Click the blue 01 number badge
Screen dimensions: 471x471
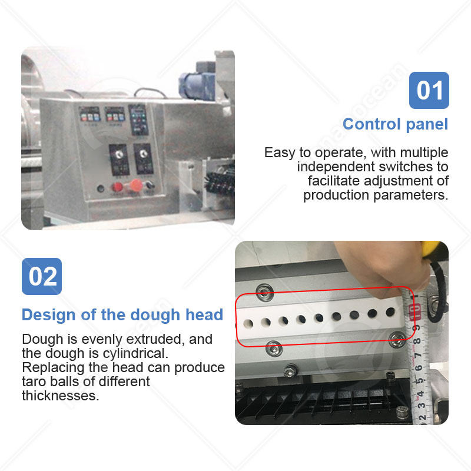coord(429,90)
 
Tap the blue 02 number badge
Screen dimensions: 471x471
coord(42,276)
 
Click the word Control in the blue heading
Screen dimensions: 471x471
coord(372,124)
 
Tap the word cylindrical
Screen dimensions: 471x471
coord(135,353)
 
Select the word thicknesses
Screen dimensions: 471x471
coord(61,396)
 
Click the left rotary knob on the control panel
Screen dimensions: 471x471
coord(120,154)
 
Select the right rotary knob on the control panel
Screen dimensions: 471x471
coord(144,154)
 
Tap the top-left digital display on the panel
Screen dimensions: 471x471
coord(89,114)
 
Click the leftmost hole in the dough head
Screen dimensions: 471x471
coord(248,324)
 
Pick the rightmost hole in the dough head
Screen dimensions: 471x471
coord(390,312)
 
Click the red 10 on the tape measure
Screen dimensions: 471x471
coord(414,311)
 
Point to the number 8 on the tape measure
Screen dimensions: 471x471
coord(417,341)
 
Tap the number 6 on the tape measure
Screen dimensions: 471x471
coord(419,367)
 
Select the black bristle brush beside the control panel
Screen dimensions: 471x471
coord(220,182)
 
